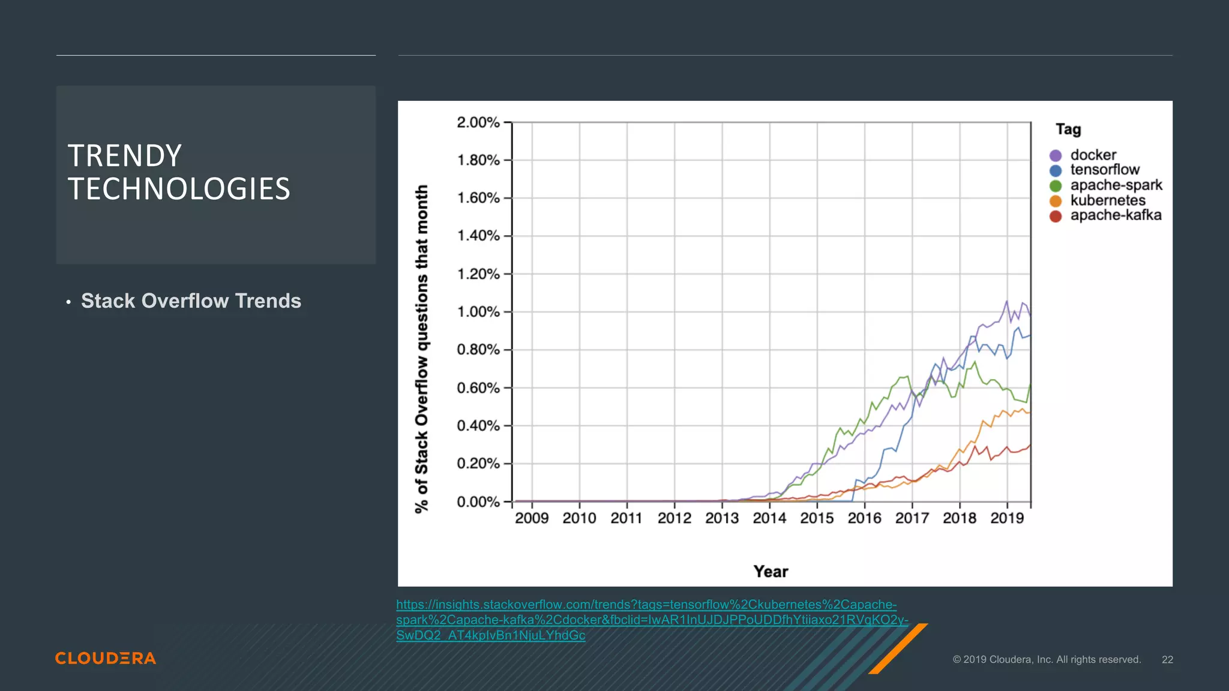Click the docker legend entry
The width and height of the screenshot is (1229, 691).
pyautogui.click(x=1092, y=155)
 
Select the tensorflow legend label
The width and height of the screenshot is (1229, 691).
pyautogui.click(x=1104, y=170)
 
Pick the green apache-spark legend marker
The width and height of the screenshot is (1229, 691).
pyautogui.click(x=1056, y=186)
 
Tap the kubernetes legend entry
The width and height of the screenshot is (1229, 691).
pyautogui.click(x=1107, y=200)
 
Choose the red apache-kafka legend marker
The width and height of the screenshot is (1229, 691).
pyautogui.click(x=1056, y=216)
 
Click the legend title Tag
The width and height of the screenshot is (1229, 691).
pyautogui.click(x=1068, y=130)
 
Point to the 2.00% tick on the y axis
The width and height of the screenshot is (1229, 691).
pyautogui.click(x=478, y=122)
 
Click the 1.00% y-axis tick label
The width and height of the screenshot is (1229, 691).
pyautogui.click(x=478, y=312)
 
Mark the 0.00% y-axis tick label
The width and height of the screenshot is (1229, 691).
pyautogui.click(x=478, y=501)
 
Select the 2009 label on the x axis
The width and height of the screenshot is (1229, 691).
pyautogui.click(x=532, y=518)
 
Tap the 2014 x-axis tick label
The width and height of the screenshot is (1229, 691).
pyautogui.click(x=769, y=518)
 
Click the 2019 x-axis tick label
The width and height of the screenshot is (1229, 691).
pyautogui.click(x=1007, y=518)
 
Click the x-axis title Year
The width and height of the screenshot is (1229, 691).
pyautogui.click(x=771, y=572)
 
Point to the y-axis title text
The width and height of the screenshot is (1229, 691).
pyautogui.click(x=422, y=348)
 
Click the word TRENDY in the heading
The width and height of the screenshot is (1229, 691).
pyautogui.click(x=124, y=156)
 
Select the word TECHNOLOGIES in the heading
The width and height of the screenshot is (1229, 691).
pyautogui.click(x=179, y=189)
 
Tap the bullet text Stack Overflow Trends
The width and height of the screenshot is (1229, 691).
pyautogui.click(x=191, y=301)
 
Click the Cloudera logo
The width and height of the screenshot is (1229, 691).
pyautogui.click(x=106, y=659)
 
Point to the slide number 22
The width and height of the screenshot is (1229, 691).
pyautogui.click(x=1167, y=660)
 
